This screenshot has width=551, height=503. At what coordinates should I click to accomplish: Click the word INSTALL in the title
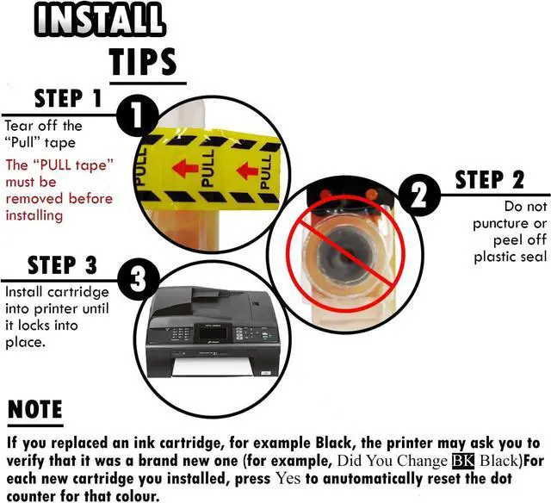(100, 19)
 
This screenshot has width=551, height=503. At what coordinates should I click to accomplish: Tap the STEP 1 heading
(68, 98)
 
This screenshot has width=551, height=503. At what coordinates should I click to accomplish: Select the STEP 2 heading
(489, 180)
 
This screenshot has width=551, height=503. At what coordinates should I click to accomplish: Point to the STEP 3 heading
(62, 265)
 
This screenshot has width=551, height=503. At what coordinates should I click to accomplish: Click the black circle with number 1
(137, 115)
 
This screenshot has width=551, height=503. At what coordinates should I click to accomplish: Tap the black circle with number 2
(419, 195)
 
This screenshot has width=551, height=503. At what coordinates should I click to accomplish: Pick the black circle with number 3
(138, 280)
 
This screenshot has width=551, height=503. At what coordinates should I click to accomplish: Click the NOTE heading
(34, 409)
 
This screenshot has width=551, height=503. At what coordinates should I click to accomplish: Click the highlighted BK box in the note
(463, 461)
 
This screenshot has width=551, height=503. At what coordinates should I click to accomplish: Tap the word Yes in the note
(288, 478)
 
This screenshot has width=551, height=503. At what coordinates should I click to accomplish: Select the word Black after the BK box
(499, 461)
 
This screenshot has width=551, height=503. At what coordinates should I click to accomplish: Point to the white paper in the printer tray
(212, 367)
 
